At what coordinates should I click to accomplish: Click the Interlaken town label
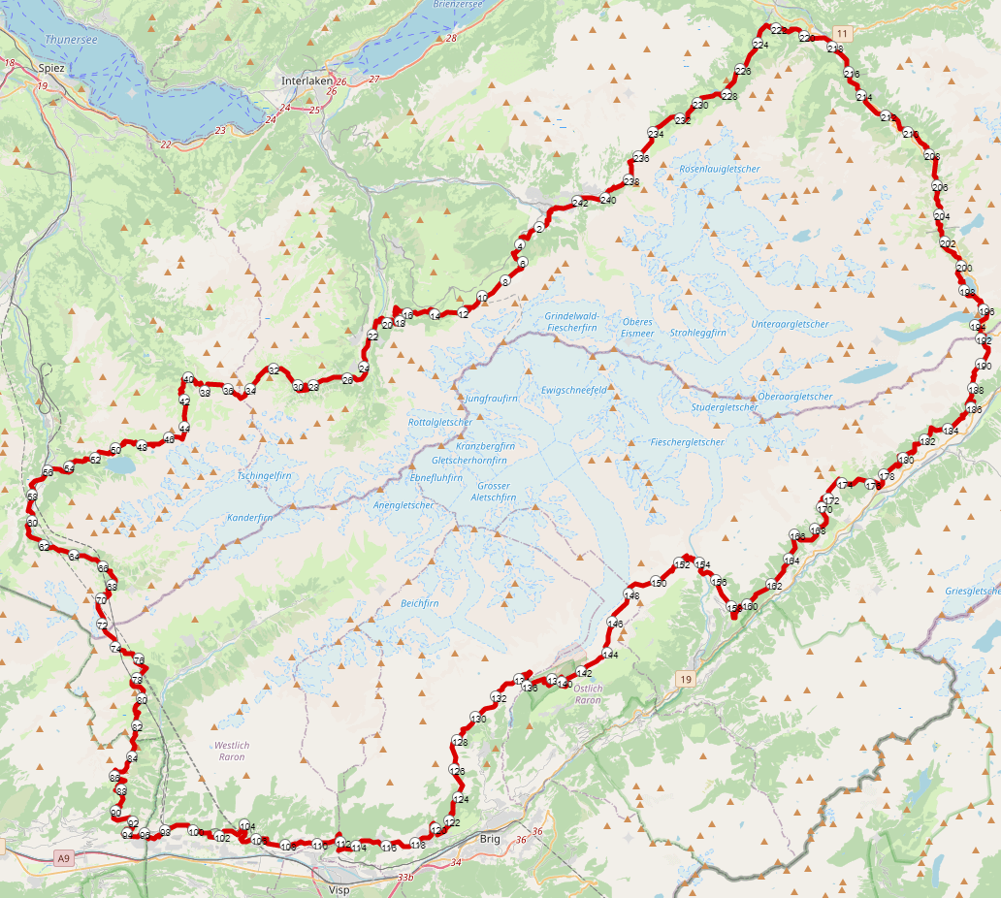307,80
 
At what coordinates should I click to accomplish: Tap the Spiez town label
50,68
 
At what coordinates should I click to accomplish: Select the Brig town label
490,838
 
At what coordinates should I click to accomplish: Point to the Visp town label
339,888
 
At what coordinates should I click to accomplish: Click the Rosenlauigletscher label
720,169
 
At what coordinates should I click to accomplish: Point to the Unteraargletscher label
790,324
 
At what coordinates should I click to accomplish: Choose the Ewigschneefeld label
574,389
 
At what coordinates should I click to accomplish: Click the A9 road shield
63,858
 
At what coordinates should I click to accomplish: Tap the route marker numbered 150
659,583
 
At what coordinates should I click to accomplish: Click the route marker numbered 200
963,269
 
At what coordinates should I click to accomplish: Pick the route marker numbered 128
460,742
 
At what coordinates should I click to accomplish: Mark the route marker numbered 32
274,370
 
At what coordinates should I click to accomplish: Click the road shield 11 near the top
841,33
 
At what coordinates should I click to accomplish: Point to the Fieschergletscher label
687,442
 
